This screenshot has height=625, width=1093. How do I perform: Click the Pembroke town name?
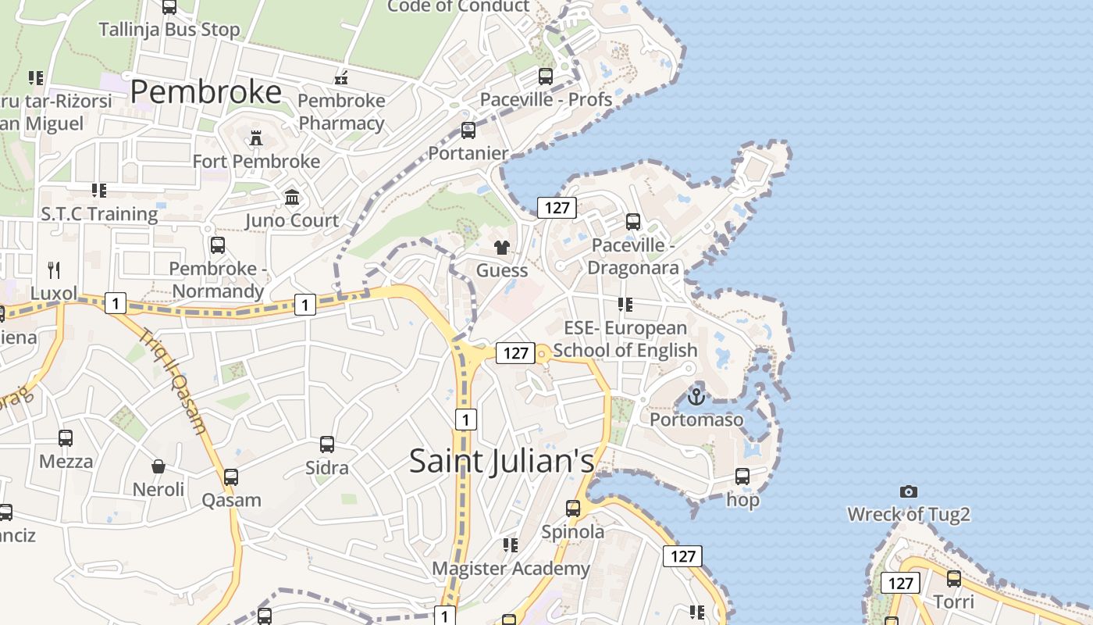[x=205, y=91]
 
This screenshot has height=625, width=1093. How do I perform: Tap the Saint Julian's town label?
[x=501, y=461]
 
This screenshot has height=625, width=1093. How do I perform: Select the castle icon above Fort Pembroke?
[x=255, y=139]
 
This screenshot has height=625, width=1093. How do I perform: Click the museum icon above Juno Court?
[x=292, y=197]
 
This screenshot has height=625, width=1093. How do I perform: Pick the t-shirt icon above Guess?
[x=501, y=248]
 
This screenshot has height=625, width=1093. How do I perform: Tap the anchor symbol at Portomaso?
[x=696, y=397]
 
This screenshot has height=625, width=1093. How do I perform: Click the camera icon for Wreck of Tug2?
[x=908, y=491]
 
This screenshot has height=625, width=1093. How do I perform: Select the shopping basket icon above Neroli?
[x=158, y=466]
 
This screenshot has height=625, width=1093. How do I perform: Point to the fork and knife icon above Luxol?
[x=54, y=270]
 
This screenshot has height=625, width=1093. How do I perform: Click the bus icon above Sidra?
[x=327, y=445]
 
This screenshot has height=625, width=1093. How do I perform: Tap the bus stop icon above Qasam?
[x=230, y=477]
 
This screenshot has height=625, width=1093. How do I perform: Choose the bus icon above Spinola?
[x=573, y=509]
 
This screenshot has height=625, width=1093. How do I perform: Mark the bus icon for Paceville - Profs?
[x=546, y=77]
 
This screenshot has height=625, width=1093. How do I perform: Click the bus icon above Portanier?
[x=468, y=130]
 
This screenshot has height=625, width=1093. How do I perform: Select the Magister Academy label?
[x=511, y=568]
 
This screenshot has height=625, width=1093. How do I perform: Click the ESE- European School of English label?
[x=625, y=338]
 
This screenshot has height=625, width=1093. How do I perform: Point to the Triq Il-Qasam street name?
[x=174, y=380]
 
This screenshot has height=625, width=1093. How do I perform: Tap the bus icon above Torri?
[x=953, y=579]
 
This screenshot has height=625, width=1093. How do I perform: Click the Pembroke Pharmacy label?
[x=341, y=112]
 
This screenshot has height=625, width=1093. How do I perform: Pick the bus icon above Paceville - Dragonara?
[x=632, y=222]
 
